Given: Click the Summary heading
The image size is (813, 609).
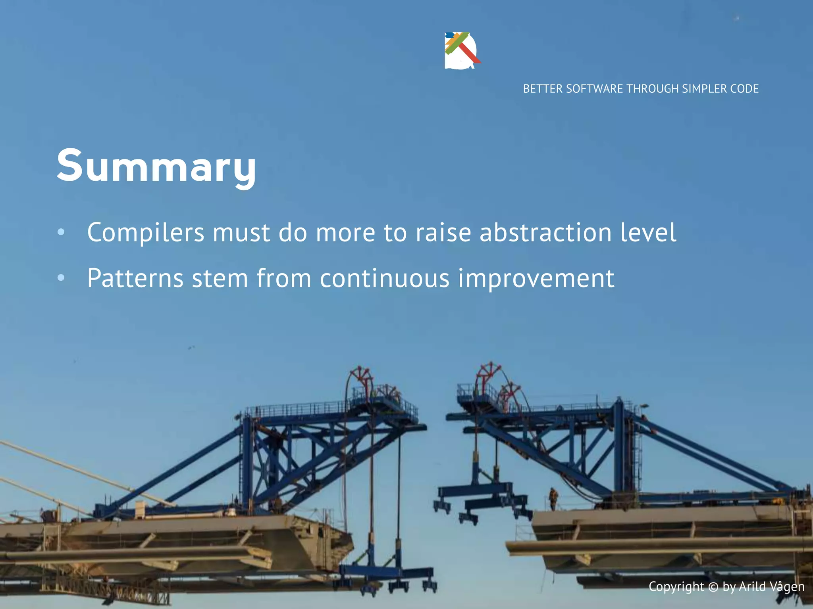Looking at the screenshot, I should coord(156,165).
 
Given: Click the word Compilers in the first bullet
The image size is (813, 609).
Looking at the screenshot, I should coord(145,233).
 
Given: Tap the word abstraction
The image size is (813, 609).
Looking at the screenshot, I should coord(545,233).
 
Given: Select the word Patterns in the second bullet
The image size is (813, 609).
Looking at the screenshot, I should coord(135,278).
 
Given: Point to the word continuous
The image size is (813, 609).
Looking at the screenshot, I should coord(384,278).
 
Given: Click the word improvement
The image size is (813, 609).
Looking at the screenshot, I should coord(536,278).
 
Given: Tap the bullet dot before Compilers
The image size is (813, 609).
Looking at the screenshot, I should coord(61,232).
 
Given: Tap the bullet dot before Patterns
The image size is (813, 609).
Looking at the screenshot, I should coord(61,278).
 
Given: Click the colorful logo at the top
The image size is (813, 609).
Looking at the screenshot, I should coord(462,50).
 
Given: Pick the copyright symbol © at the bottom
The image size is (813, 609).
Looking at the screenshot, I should coord(713,587).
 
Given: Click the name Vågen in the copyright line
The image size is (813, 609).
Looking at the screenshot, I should coord(787,587).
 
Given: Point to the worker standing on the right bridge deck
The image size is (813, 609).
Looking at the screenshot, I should coord(553,499).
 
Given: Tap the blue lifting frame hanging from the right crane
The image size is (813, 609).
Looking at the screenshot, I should coord(482,500).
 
